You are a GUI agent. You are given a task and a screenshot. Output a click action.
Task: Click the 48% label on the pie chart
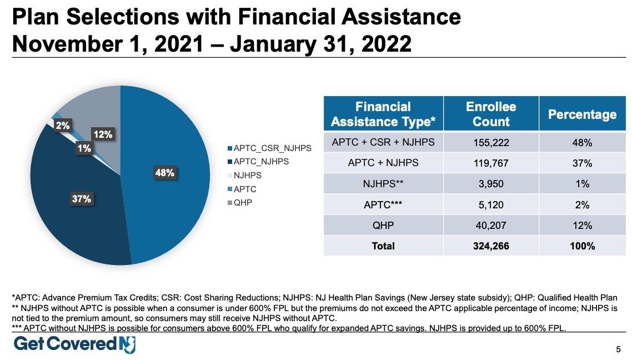point(164,173)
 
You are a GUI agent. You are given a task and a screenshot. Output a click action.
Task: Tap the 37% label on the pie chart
point(82,198)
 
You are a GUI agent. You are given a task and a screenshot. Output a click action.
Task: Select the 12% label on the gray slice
point(103,134)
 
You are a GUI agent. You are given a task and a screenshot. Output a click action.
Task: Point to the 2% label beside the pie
point(63,126)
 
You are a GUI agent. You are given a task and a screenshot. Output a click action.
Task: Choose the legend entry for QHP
point(243,203)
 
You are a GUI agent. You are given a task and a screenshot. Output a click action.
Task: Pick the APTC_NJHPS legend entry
point(261,162)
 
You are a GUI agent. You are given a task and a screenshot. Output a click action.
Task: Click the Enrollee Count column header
point(491,114)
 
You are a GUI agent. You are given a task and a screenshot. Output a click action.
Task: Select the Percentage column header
point(582,114)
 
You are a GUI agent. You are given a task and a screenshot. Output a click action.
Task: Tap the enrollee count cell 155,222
point(491,143)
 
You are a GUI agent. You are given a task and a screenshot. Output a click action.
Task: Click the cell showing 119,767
point(491,163)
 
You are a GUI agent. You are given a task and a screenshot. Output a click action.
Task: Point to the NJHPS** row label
point(383,184)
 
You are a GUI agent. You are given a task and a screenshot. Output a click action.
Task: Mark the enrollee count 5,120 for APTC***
point(491,205)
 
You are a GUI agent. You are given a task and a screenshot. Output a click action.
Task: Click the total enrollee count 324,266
point(491,246)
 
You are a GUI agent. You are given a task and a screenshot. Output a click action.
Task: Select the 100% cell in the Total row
point(582,246)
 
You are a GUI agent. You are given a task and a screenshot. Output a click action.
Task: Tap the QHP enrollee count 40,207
point(491,226)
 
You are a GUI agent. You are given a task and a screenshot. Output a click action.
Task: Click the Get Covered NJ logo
point(74,344)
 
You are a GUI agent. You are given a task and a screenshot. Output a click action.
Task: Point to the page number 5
point(618,349)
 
